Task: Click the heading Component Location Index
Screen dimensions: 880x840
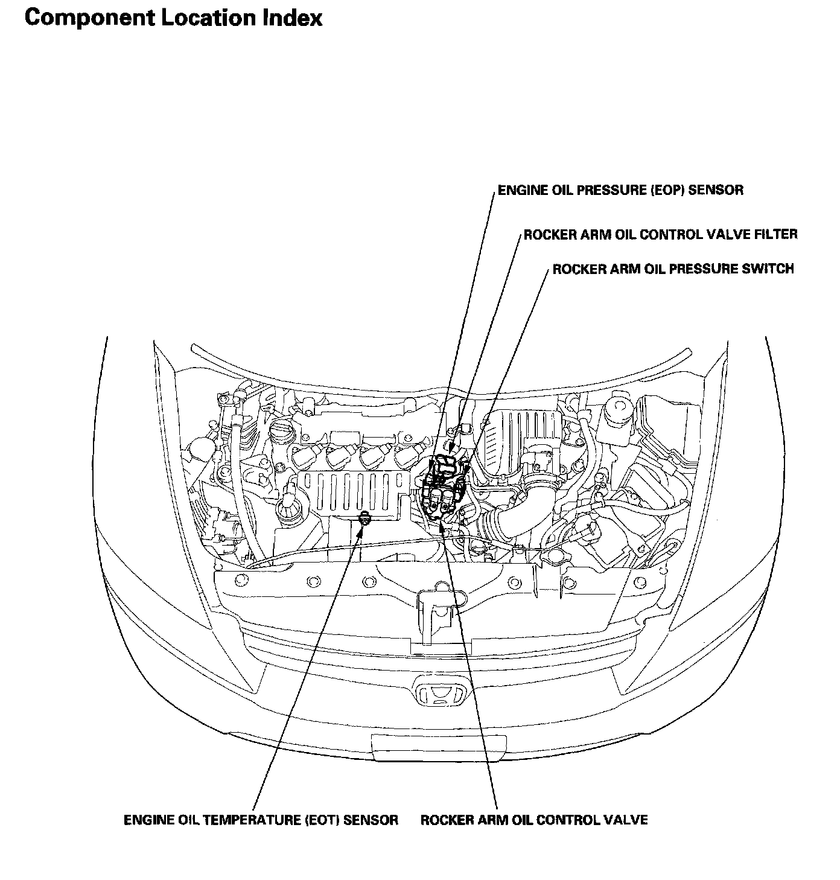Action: coord(173,18)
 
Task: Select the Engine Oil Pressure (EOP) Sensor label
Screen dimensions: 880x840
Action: coord(620,191)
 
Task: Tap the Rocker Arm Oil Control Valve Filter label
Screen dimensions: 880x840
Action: coord(660,234)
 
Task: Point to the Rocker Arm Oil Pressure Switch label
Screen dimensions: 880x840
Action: coord(673,269)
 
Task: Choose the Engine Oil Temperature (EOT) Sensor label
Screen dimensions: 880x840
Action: coord(261,820)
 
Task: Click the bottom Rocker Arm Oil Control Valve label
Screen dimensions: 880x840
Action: coord(534,820)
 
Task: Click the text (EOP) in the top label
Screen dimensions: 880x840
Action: coord(667,191)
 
